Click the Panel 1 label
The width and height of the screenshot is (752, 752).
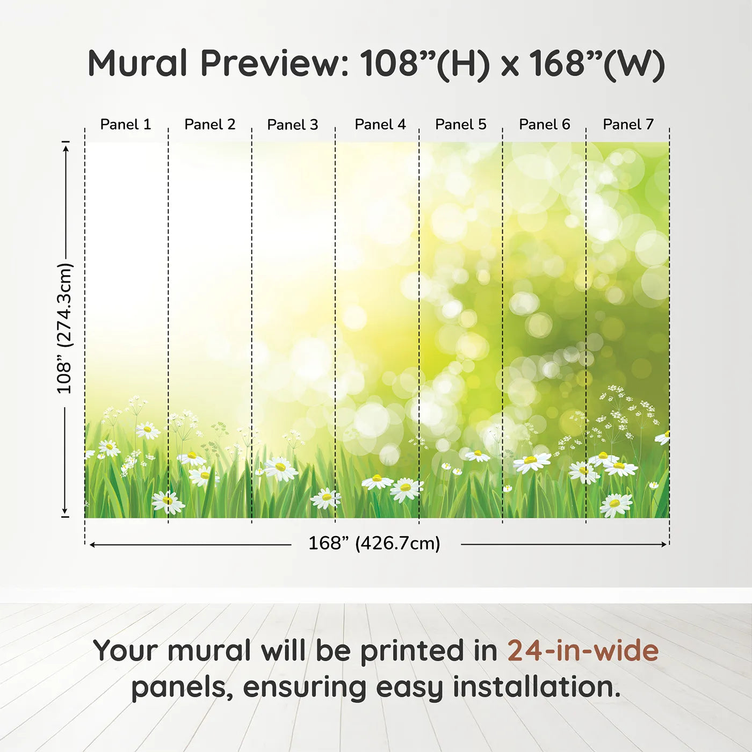(126, 125)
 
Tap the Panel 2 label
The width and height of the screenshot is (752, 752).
(209, 125)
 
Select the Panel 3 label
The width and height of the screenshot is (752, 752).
(293, 125)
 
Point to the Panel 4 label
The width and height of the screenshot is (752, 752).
(380, 125)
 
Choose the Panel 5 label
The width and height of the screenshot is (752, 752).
(461, 125)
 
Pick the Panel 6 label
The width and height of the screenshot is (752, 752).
(544, 125)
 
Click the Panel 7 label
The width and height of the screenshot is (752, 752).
(628, 125)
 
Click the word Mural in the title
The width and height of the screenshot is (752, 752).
(138, 63)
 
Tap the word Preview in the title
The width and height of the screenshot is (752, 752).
(274, 63)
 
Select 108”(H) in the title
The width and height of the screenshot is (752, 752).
(425, 63)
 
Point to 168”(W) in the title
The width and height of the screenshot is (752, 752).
(597, 63)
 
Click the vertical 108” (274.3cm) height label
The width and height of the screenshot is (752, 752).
(64, 329)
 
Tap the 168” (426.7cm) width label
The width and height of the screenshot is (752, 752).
(374, 544)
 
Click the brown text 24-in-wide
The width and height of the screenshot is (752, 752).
(583, 650)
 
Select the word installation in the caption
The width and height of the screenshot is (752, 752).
(537, 687)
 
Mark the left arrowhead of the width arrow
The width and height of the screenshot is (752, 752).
(92, 545)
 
